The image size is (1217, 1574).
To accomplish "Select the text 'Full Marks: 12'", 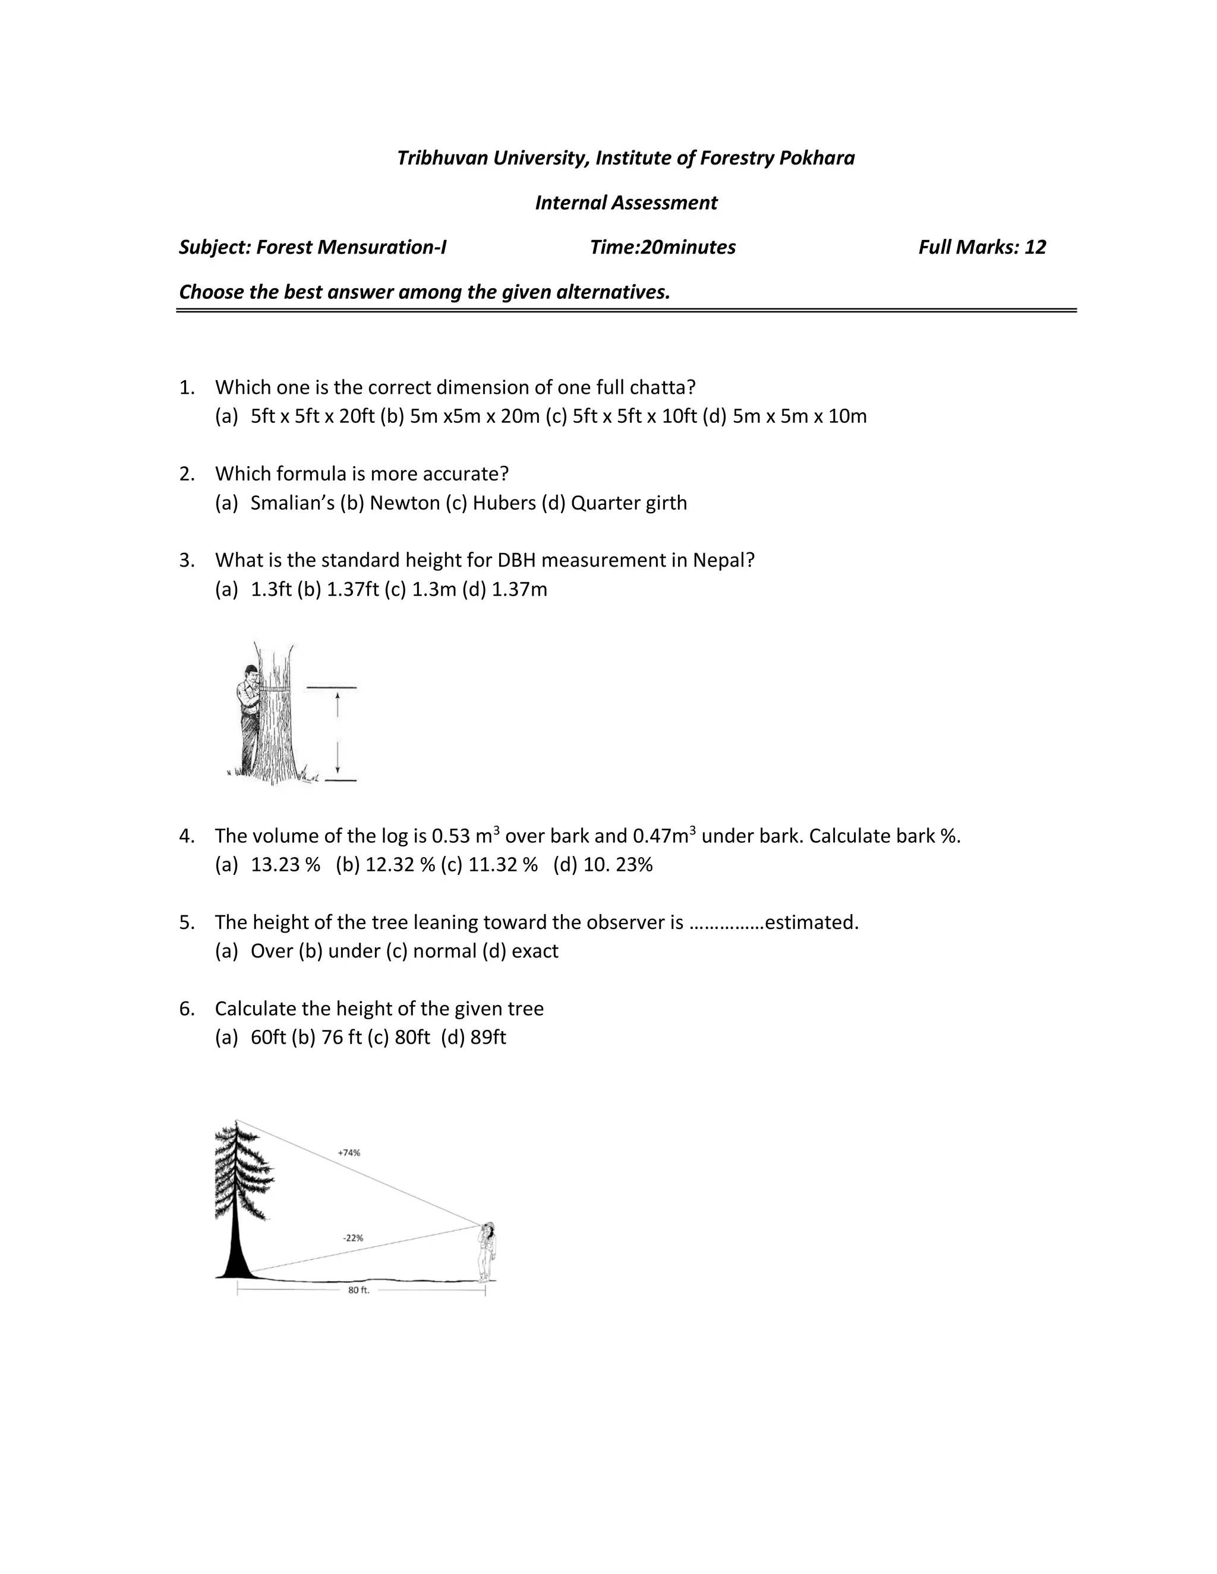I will (981, 247).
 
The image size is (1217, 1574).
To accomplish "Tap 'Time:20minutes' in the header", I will (662, 247).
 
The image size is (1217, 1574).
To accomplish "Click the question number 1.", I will (186, 388).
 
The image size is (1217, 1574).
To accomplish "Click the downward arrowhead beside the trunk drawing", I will (338, 770).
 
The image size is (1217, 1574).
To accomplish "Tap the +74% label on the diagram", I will (349, 1153).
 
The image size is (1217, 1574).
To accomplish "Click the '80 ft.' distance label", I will (358, 1290).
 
